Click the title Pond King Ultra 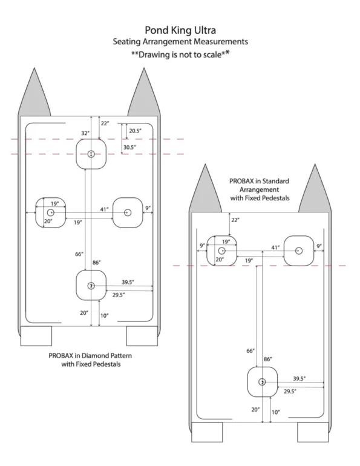pyautogui.click(x=180, y=30)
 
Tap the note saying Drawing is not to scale pyautogui.click(x=180, y=54)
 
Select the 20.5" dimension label pyautogui.click(x=135, y=131)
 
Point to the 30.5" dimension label pyautogui.click(x=130, y=147)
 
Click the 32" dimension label pyautogui.click(x=85, y=133)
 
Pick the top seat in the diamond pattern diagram pyautogui.click(x=91, y=154)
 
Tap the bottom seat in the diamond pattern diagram pyautogui.click(x=91, y=285)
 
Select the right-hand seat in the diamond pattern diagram pyautogui.click(x=128, y=212)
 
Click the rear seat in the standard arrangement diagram pyautogui.click(x=262, y=382)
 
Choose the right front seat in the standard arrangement pyautogui.click(x=299, y=251)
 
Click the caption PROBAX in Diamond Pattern pyautogui.click(x=90, y=355)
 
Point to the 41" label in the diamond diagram pyautogui.click(x=104, y=209)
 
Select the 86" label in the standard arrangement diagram pyautogui.click(x=267, y=359)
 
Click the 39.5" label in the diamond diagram pyautogui.click(x=128, y=282)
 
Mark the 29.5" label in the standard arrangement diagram pyautogui.click(x=290, y=391)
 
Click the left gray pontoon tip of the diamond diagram pyautogui.click(x=34, y=92)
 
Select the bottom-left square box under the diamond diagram pyautogui.click(x=36, y=336)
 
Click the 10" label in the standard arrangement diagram pyautogui.click(x=276, y=412)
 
